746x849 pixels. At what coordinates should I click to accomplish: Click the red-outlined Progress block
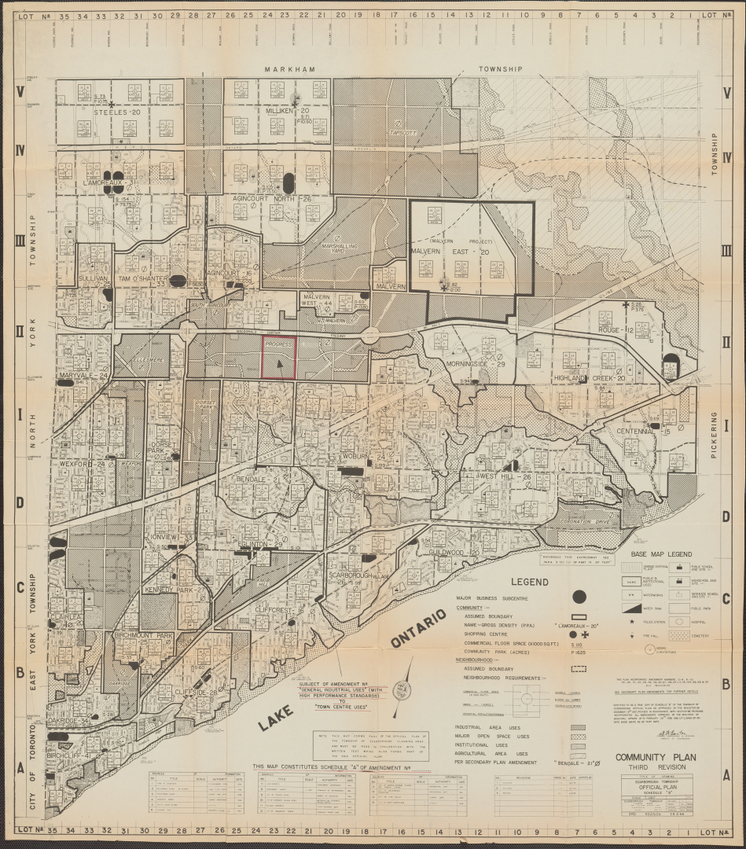(278, 358)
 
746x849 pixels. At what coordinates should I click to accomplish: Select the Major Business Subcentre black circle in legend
(580, 597)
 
